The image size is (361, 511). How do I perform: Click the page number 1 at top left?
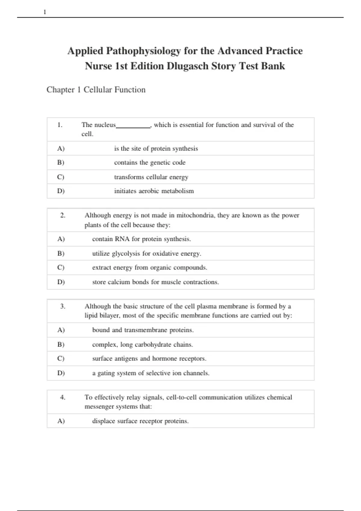(x=45, y=12)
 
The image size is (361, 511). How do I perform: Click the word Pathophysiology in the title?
(x=143, y=51)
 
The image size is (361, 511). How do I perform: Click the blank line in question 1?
(x=133, y=127)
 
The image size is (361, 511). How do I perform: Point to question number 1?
(x=60, y=125)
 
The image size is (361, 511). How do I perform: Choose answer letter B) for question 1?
(x=61, y=163)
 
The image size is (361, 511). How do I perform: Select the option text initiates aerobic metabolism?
(x=154, y=191)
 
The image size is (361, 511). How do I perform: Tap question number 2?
(x=63, y=215)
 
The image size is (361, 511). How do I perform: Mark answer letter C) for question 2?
(x=61, y=268)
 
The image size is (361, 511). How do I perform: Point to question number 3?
(x=63, y=306)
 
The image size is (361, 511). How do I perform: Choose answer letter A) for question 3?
(x=61, y=330)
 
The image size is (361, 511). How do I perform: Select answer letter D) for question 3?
(x=61, y=373)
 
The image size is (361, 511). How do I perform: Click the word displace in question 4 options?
(x=103, y=421)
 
